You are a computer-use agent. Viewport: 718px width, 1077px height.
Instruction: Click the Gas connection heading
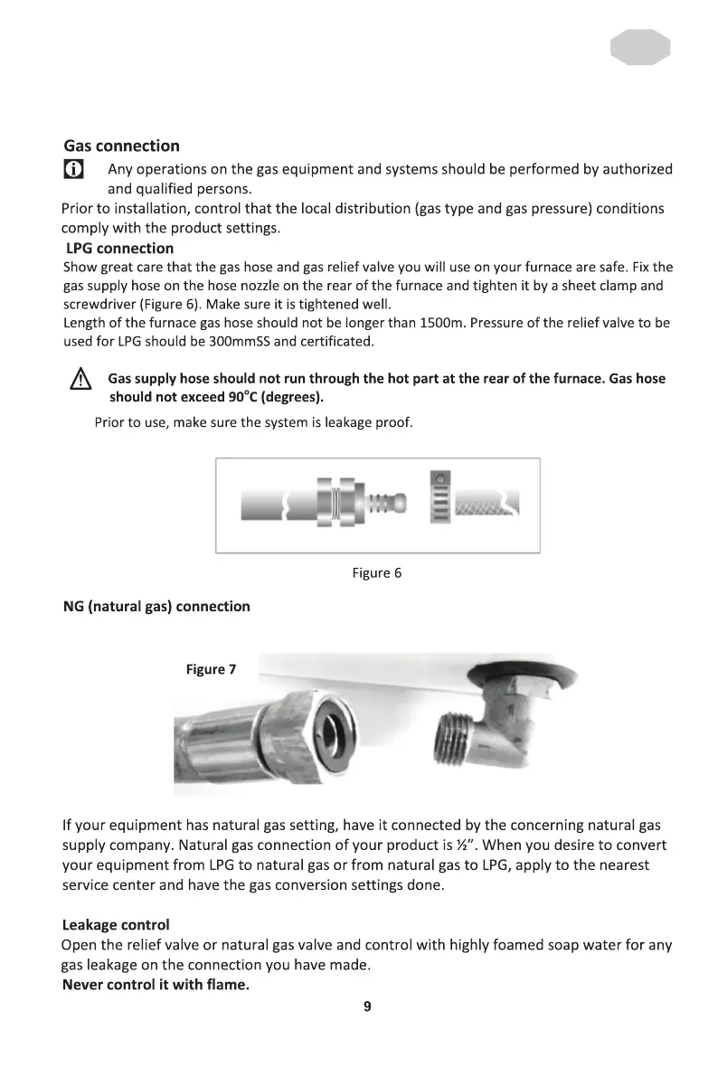coord(121,146)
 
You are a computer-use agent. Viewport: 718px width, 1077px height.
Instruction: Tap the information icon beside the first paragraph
coord(73,169)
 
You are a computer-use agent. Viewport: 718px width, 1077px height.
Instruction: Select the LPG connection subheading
coord(119,248)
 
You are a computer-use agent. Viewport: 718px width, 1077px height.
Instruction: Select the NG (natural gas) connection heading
coord(156,606)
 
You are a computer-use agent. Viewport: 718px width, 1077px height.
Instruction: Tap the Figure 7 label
coord(211,669)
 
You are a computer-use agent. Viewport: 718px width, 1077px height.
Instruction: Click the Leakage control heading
coord(116,925)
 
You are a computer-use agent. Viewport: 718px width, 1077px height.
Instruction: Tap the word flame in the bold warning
coord(227,985)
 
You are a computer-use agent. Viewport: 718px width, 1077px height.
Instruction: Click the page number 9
coord(367,1006)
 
